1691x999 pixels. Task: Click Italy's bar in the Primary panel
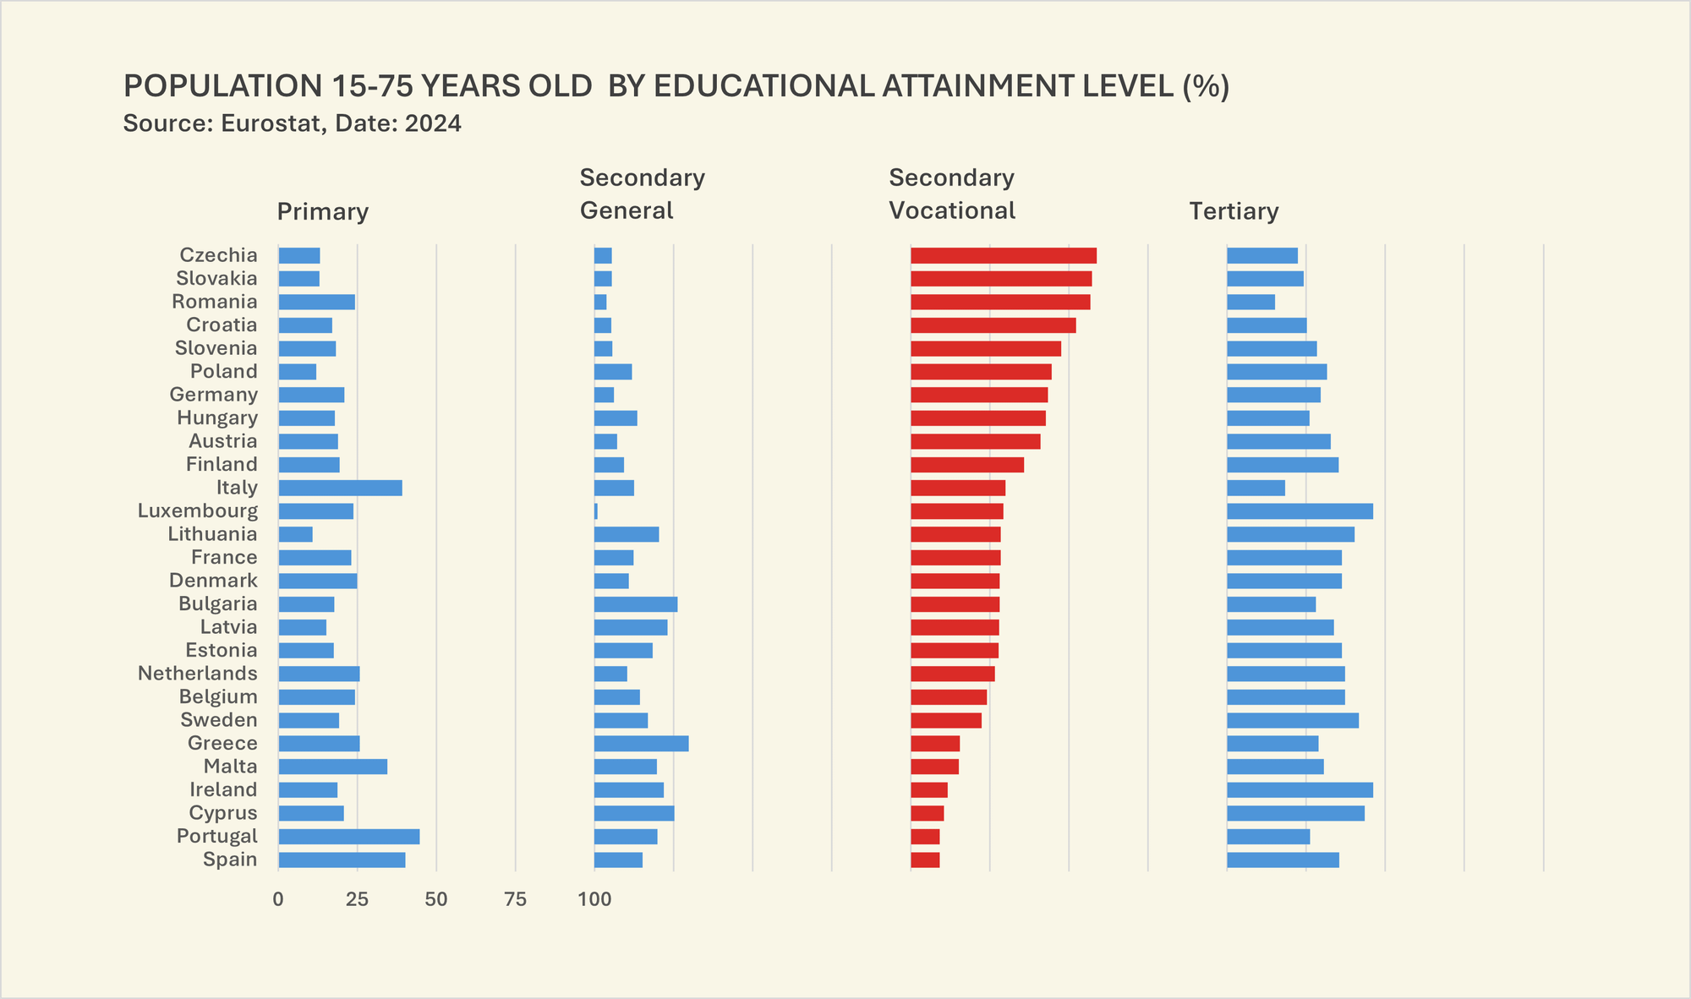click(340, 488)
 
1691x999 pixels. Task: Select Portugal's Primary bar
click(348, 837)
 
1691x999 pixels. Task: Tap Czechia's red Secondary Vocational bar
click(1003, 255)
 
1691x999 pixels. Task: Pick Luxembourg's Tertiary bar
click(1300, 511)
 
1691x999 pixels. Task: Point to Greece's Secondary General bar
click(641, 744)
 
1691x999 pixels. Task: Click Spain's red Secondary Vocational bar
click(925, 860)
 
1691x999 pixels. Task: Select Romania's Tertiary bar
click(1250, 302)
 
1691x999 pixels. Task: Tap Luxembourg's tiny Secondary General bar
click(596, 511)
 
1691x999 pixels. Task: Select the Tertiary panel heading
click(1234, 211)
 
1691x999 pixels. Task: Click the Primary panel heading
click(323, 211)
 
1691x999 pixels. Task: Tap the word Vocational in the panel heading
click(952, 211)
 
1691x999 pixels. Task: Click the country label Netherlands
click(198, 674)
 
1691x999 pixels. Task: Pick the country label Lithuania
click(212, 534)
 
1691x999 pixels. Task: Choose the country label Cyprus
click(223, 813)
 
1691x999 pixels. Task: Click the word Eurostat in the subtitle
click(271, 124)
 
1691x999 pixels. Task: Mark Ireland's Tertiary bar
click(1300, 790)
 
